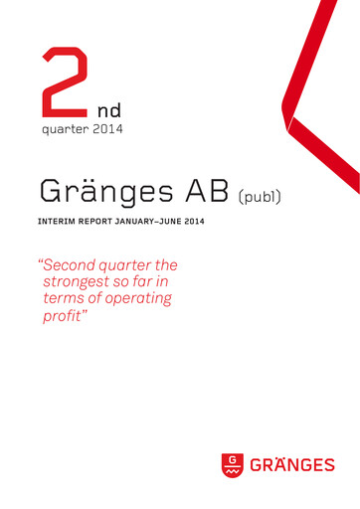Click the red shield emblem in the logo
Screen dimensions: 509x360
point(232,464)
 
